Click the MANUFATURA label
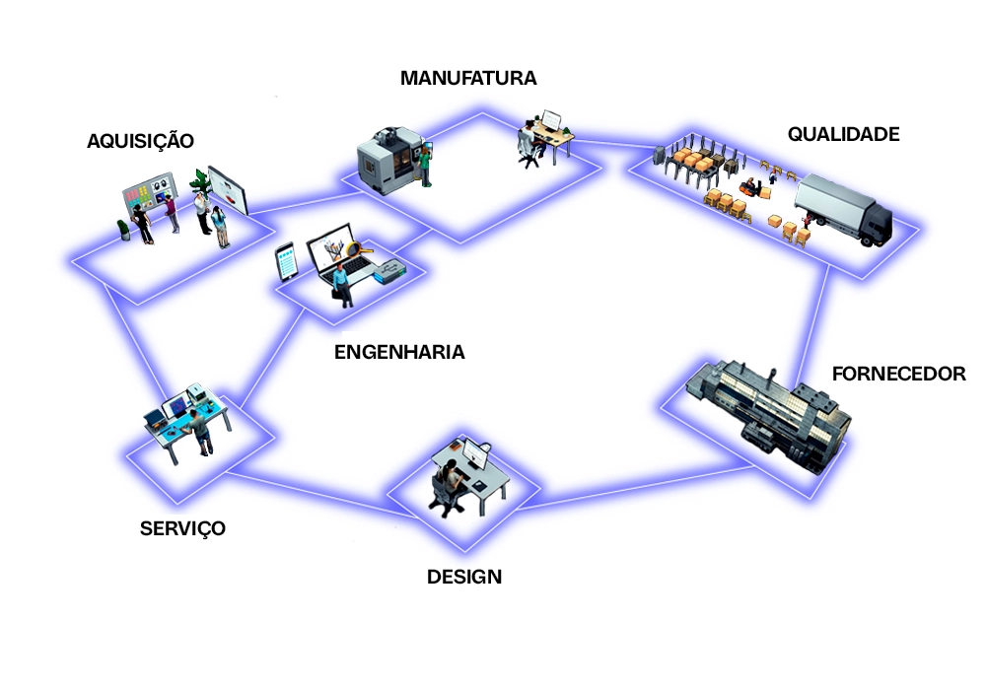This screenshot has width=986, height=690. click(468, 78)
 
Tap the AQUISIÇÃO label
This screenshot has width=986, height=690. click(140, 140)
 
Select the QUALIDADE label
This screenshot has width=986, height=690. click(843, 134)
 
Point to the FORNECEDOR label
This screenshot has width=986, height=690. click(898, 375)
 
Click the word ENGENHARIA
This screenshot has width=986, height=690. click(399, 352)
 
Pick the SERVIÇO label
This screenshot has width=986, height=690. click(182, 528)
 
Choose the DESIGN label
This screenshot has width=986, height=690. click(463, 577)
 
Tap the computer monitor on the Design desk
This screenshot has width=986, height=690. click(477, 455)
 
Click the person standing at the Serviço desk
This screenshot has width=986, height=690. click(201, 432)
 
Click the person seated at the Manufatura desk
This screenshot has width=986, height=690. click(529, 144)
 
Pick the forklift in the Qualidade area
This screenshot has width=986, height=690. click(754, 187)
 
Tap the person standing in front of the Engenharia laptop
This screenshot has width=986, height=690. click(341, 283)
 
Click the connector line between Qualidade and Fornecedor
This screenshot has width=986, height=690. click(815, 315)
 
